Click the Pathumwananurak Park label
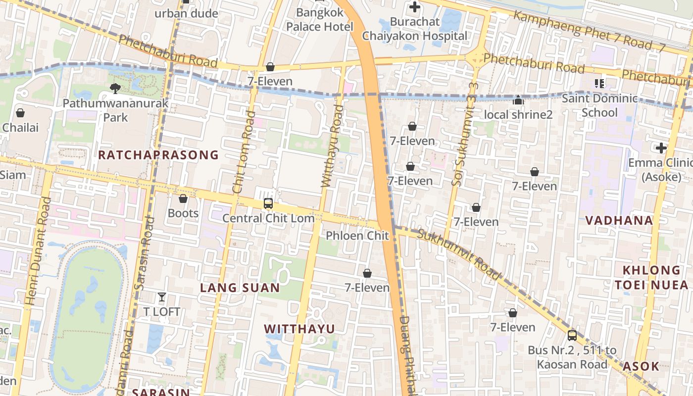coord(115,110)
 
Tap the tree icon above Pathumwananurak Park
coord(115,89)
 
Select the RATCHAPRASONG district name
coord(158,155)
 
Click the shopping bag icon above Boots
coord(183,198)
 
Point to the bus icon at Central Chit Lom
coord(268,203)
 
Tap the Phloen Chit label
coord(357,236)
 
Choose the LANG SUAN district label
coord(240,288)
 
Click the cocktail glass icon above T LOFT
coord(161,297)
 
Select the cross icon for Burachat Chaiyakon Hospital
coord(415,7)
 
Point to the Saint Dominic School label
coord(599,105)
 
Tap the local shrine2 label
coord(518,115)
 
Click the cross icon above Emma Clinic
coord(661,148)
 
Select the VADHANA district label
coord(619,221)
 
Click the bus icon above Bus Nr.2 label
coord(572,335)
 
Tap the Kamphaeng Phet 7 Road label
coord(589,31)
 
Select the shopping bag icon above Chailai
coord(20,113)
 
